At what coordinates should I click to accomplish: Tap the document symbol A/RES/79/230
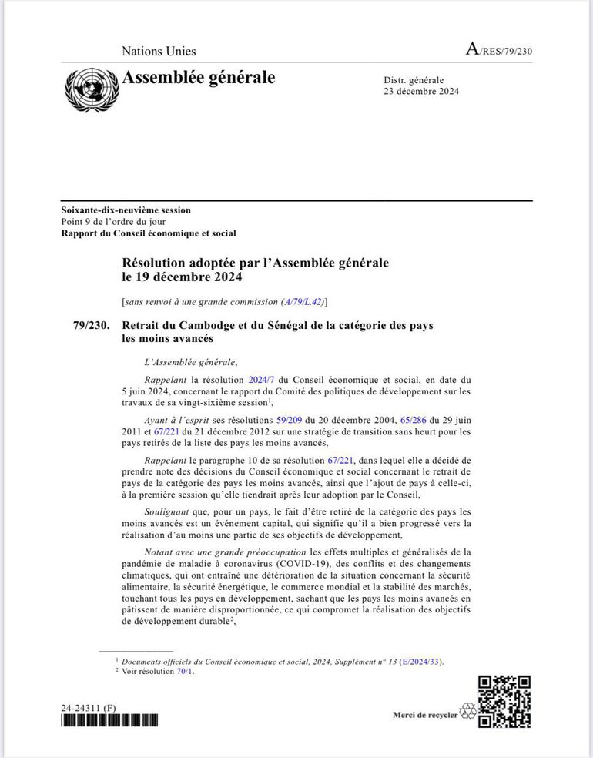[x=499, y=51]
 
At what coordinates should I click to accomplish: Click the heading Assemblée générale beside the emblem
[x=198, y=78]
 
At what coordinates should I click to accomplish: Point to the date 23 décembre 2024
[x=421, y=92]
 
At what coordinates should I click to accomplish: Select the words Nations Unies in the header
[x=159, y=52]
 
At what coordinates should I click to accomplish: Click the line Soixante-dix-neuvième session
[x=126, y=210]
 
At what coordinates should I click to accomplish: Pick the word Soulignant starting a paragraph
[x=167, y=511]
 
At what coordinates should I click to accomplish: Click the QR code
[x=504, y=701]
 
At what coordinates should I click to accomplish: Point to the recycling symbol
[x=467, y=713]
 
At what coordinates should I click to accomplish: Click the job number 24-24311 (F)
[x=89, y=707]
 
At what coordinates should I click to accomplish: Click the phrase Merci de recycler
[x=424, y=715]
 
